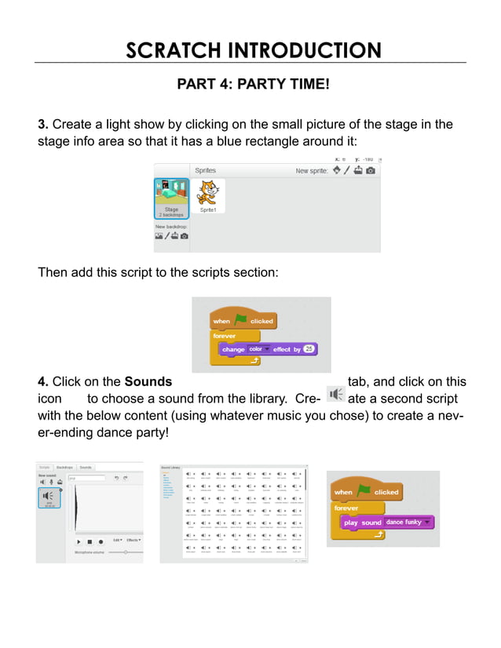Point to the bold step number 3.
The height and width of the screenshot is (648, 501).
(x=42, y=125)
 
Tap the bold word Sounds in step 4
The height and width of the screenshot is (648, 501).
(x=148, y=382)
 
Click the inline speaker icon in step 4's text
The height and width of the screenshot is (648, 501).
(x=335, y=394)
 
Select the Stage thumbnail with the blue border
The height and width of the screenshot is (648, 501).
(x=171, y=198)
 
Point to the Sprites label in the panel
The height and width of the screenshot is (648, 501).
(x=205, y=170)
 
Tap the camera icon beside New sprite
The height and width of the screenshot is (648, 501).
(x=370, y=170)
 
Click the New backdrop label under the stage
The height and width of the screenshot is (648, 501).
(x=171, y=227)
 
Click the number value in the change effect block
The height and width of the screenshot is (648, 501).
(x=308, y=349)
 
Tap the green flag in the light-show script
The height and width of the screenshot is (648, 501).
(x=240, y=320)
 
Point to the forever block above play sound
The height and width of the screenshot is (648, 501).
(x=347, y=508)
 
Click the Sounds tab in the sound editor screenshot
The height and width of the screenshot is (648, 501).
(x=86, y=467)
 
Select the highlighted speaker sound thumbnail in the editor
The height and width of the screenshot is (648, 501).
(x=49, y=498)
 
